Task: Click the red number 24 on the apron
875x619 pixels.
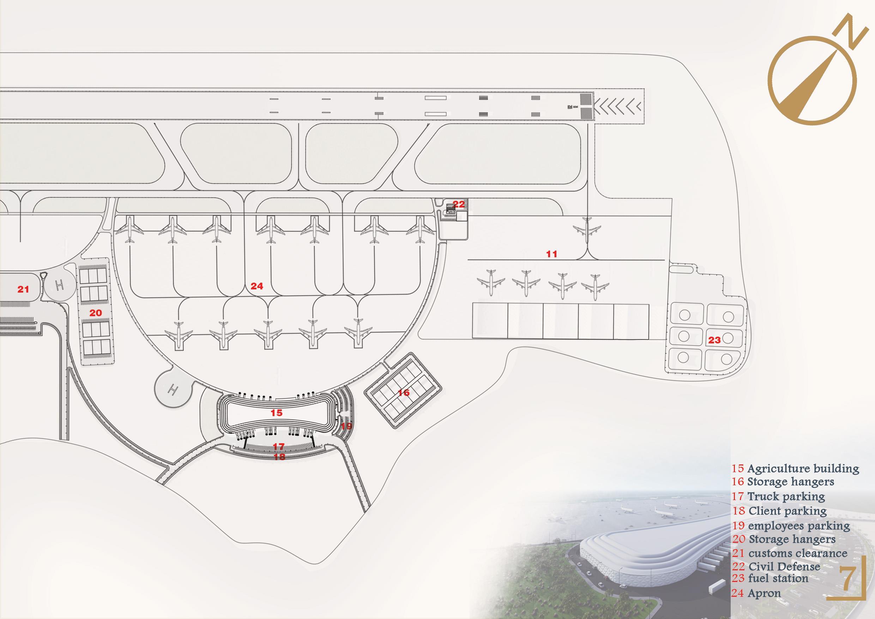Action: tap(257, 286)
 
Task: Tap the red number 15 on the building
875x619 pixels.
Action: tap(276, 413)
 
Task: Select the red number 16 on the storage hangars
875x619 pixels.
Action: tap(404, 392)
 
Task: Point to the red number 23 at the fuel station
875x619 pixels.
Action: tap(714, 340)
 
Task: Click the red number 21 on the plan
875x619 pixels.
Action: tap(23, 290)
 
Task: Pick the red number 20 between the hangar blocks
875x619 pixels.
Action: tap(95, 313)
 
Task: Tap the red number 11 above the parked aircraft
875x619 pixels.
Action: tap(551, 254)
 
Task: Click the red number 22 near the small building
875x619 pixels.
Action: tap(459, 204)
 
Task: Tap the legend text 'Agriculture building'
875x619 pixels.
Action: tap(803, 468)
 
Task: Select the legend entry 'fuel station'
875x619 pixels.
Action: tap(778, 578)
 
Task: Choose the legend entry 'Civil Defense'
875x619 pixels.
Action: tap(784, 566)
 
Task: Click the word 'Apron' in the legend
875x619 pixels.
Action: tap(764, 594)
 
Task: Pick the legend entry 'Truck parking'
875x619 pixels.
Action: tap(786, 497)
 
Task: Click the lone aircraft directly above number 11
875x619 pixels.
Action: tap(587, 229)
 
